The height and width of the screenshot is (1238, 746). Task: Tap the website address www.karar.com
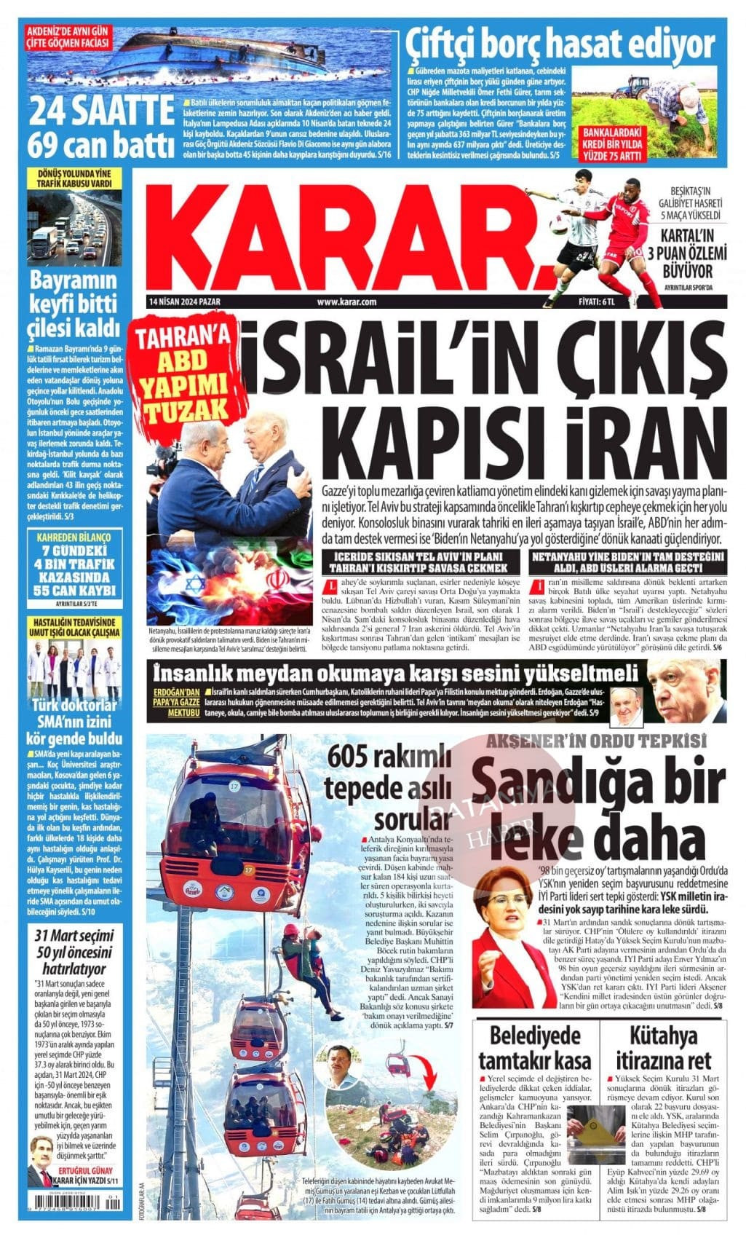tap(346, 301)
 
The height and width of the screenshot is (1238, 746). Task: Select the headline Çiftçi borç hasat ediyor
tap(560, 44)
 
